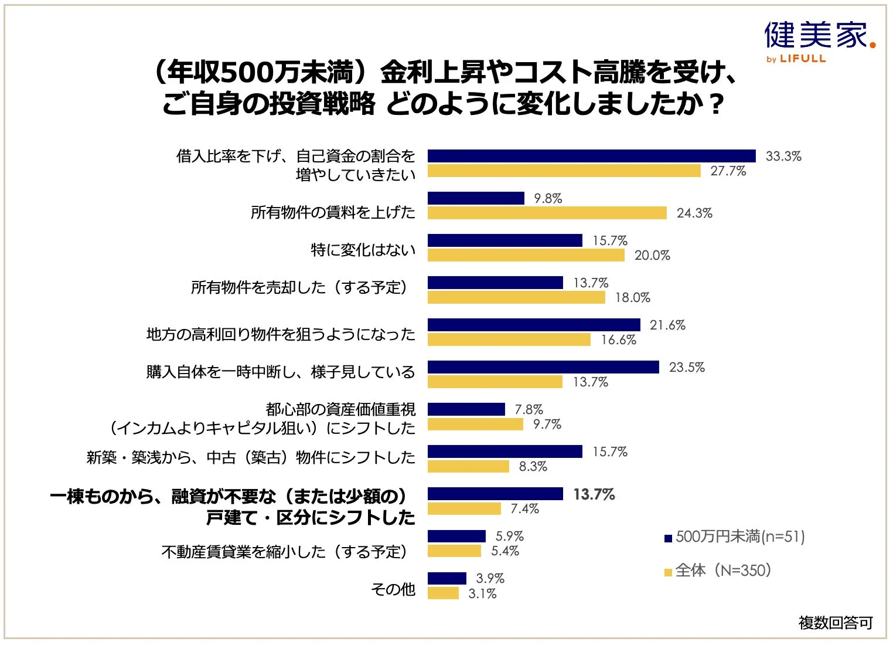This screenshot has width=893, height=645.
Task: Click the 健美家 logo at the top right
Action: click(819, 36)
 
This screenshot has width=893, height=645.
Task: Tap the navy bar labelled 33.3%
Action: click(591, 156)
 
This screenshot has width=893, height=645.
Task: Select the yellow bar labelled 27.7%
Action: click(564, 171)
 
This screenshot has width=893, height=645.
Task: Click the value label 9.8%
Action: click(547, 199)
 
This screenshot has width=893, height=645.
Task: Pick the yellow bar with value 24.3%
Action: click(547, 213)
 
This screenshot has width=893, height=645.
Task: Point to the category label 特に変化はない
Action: click(363, 250)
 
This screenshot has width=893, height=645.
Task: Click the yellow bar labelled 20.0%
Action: click(526, 256)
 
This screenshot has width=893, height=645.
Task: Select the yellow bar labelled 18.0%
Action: click(516, 298)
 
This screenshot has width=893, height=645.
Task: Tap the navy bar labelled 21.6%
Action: click(534, 325)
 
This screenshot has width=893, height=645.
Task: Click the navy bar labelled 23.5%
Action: click(543, 367)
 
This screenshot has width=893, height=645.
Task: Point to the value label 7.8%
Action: click(529, 409)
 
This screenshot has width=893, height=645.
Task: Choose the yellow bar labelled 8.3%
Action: click(468, 467)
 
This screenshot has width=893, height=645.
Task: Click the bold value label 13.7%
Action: click(594, 494)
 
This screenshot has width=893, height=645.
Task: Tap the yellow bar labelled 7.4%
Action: click(464, 509)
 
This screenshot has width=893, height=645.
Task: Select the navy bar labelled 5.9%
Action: click(456, 536)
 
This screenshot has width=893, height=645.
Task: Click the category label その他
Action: click(393, 589)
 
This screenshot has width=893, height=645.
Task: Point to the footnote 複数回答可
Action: click(835, 623)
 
